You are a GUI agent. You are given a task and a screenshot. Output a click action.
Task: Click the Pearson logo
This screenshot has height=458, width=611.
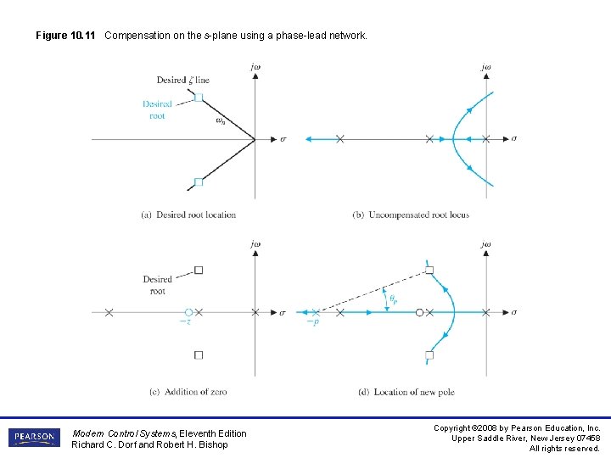[34, 438]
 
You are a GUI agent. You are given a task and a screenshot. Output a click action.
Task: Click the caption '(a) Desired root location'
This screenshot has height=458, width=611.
[188, 215]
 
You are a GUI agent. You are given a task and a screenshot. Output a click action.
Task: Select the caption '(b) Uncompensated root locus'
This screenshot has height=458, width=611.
[411, 215]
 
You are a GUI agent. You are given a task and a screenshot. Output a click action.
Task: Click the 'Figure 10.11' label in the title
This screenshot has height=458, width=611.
[67, 36]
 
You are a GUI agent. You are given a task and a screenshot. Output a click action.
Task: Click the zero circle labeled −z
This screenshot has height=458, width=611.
[189, 313]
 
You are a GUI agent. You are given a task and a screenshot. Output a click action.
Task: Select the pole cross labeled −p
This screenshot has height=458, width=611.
[316, 313]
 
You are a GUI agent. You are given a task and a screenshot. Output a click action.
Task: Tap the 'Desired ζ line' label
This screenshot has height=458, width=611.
[182, 80]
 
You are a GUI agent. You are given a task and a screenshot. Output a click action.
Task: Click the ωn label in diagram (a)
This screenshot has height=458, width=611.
[221, 120]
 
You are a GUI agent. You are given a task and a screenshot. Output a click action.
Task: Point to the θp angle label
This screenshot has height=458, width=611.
[394, 298]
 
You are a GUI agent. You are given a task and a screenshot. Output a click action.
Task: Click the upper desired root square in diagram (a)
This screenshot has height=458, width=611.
[199, 98]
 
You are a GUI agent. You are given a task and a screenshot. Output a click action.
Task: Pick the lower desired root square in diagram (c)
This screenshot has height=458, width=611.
[199, 355]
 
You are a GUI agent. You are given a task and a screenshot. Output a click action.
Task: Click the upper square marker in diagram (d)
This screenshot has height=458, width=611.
[429, 271]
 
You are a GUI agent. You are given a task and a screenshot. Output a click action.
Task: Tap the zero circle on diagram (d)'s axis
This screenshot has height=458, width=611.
[419, 313]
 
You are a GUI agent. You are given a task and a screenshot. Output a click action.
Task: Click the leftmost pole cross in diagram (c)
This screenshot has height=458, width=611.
[109, 313]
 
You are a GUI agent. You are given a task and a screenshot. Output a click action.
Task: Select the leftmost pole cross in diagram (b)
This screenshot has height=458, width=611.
[340, 139]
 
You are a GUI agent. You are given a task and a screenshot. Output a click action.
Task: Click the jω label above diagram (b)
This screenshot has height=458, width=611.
[486, 67]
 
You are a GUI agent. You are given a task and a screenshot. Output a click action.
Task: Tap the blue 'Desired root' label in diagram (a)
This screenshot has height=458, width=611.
[157, 110]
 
